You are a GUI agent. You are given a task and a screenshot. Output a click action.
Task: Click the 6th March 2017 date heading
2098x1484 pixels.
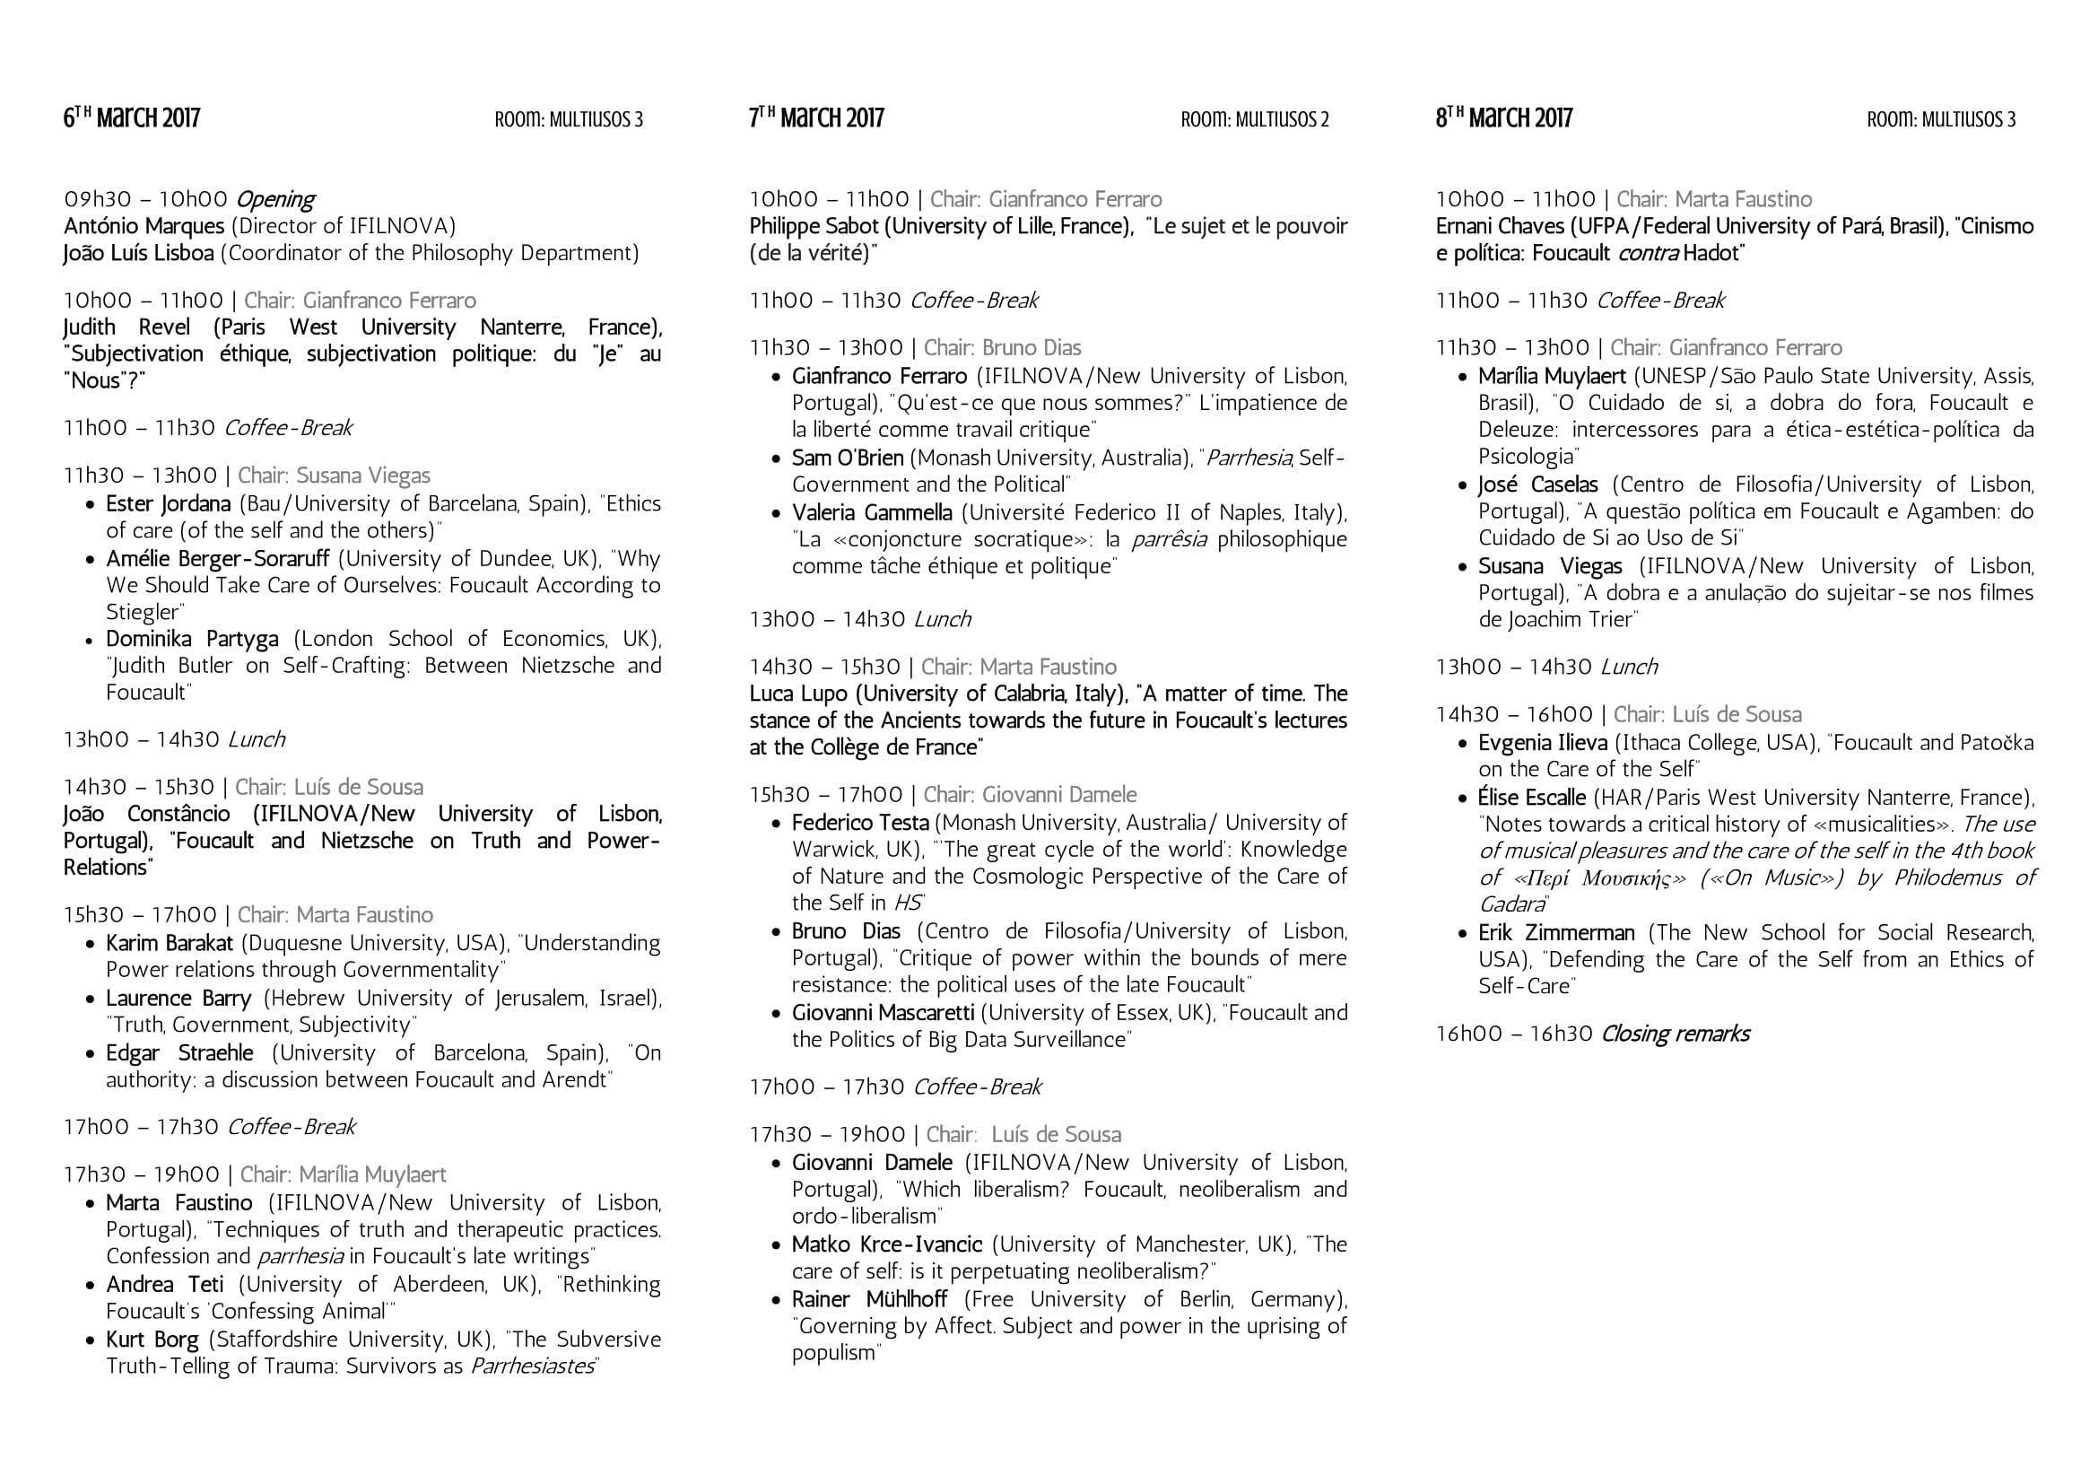coord(132,118)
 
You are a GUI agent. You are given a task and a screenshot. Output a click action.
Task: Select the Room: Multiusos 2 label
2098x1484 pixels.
coord(1255,119)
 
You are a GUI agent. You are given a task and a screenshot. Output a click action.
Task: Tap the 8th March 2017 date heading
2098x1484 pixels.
coord(1504,118)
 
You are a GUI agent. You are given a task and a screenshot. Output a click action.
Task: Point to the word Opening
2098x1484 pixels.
coord(275,199)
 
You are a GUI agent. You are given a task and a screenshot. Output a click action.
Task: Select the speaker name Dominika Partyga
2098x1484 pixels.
coord(192,639)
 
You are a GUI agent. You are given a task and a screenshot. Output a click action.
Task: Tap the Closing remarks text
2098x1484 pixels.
coord(1675,1034)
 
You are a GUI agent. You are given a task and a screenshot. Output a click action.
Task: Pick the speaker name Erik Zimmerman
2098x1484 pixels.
coord(1556,933)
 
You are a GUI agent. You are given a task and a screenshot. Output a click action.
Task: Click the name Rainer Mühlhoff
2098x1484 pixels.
coord(869,1298)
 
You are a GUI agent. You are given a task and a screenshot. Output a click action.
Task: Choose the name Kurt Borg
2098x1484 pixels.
coord(152,1340)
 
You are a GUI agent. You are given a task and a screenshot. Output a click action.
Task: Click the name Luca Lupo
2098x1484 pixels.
coord(797,694)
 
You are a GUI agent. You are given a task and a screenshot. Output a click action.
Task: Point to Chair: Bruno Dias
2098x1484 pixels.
coord(1003,348)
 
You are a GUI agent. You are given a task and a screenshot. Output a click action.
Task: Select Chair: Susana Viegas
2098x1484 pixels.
coord(334,476)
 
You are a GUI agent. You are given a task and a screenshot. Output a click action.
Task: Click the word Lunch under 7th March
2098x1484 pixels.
coord(942,620)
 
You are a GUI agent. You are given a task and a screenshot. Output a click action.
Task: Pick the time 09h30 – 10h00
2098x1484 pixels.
coord(145,199)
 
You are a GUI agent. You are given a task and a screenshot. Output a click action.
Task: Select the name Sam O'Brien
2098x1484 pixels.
coord(847,458)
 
